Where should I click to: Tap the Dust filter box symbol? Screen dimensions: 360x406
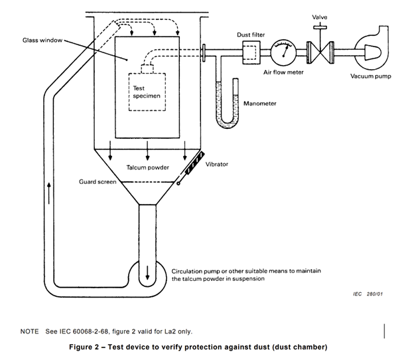coord(251,50)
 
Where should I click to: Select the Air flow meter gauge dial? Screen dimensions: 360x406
coord(284,51)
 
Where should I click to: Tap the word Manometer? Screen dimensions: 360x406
coord(260,104)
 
